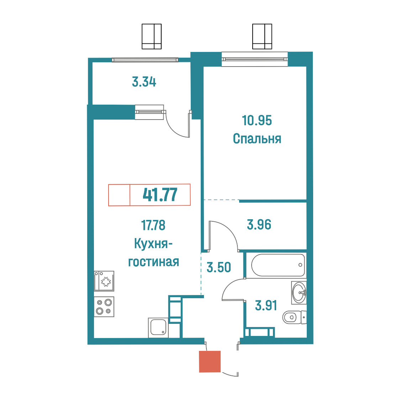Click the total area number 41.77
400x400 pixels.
point(160,195)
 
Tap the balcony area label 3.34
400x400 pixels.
point(144,82)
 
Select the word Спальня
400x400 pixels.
point(257,139)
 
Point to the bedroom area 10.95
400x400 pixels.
point(257,120)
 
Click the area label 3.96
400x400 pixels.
point(259,225)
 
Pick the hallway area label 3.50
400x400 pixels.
point(219,267)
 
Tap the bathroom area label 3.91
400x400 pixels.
point(266,305)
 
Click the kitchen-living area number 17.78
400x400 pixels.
point(153,225)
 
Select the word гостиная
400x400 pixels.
point(154,262)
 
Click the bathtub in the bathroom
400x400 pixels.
point(278,265)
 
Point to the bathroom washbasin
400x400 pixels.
point(299,292)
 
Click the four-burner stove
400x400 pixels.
point(104,307)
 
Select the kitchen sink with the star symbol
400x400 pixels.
point(104,281)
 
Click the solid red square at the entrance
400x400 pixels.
point(210,362)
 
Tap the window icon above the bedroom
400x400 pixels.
point(262,37)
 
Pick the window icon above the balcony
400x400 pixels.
point(152,37)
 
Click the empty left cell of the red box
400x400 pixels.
point(119,195)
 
